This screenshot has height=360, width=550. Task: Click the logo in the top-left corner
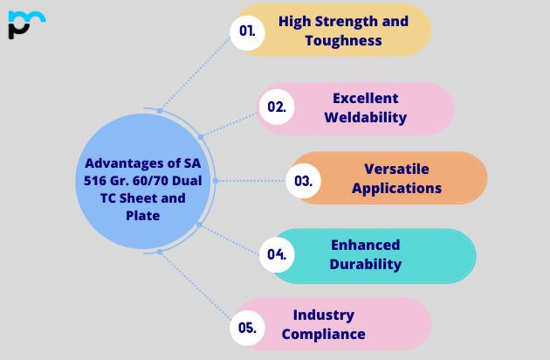pos(25,24)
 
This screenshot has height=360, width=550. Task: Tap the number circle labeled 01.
pos(247,31)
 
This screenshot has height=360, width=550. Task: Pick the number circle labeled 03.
pos(304,181)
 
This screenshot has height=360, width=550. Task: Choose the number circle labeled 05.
pos(247,329)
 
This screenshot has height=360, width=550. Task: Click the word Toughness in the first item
pos(343,40)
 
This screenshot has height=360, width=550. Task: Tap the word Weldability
pos(365,116)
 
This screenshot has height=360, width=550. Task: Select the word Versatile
pos(396,169)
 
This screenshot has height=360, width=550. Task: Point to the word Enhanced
pos(365,245)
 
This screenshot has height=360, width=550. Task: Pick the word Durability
pos(366,264)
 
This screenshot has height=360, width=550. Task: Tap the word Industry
pos(323,315)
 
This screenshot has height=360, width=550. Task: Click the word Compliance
pos(323,334)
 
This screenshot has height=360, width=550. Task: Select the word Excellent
pos(365,98)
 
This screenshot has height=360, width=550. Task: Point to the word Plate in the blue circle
pos(141,215)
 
